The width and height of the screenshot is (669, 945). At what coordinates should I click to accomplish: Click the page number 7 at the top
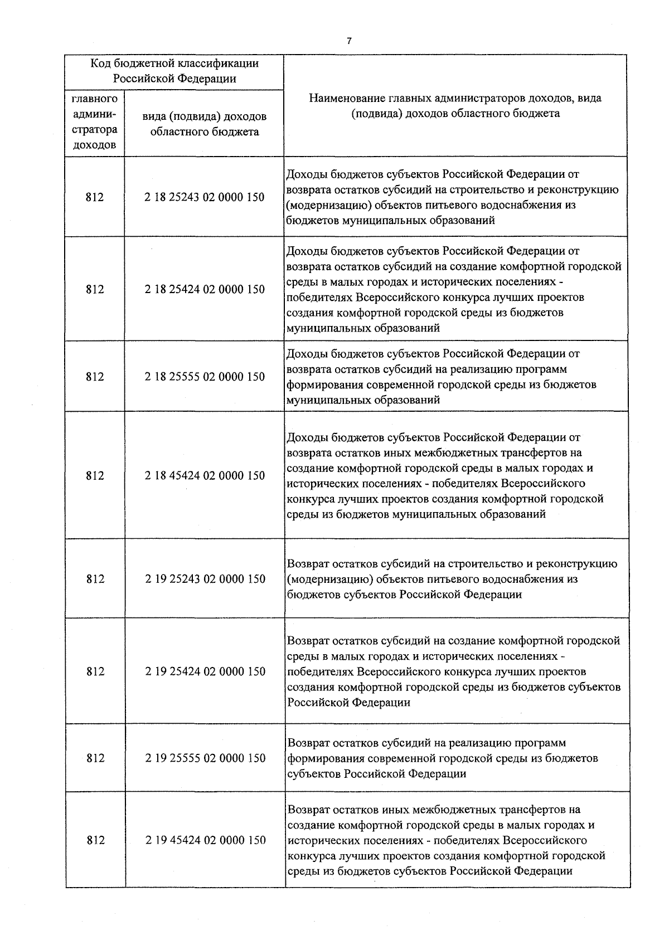click(x=349, y=41)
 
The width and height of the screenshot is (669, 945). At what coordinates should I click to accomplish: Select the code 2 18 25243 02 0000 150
click(x=205, y=197)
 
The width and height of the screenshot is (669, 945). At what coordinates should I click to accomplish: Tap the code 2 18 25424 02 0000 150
click(x=205, y=289)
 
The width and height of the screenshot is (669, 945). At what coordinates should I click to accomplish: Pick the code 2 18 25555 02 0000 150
click(x=205, y=377)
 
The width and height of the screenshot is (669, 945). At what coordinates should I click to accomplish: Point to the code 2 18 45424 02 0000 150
click(x=205, y=476)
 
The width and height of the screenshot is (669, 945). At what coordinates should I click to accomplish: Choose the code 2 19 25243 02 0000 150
click(x=205, y=579)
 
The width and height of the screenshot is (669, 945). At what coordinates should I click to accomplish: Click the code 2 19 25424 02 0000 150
click(x=205, y=671)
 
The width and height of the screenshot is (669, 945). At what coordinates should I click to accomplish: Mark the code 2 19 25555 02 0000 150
click(x=205, y=758)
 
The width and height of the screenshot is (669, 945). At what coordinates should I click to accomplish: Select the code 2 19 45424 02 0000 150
click(x=205, y=840)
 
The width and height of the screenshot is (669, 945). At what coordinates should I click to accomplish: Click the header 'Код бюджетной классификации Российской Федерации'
click(x=174, y=71)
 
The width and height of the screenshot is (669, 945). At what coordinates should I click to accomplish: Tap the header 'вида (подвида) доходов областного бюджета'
click(x=205, y=124)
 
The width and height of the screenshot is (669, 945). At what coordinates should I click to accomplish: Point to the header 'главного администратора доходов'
click(x=95, y=122)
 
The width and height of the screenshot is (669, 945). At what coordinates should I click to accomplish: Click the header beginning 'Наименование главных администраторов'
click(x=455, y=106)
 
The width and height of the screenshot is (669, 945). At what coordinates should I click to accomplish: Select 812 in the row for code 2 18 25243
click(x=95, y=197)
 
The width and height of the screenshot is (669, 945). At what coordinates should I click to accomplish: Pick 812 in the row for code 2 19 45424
click(x=95, y=840)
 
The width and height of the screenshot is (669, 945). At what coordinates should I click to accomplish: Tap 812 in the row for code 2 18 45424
click(x=95, y=476)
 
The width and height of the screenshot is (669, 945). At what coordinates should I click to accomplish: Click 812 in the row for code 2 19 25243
click(x=95, y=579)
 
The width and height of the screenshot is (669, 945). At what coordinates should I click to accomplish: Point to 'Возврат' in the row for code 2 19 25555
click(x=308, y=743)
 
